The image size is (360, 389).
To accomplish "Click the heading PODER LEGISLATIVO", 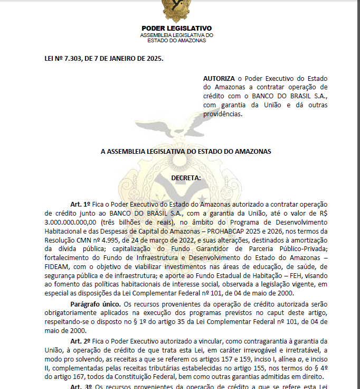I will (x=176, y=28).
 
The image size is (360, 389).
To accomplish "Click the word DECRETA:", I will (x=186, y=178).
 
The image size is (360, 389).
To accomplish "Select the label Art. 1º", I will (x=81, y=204).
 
